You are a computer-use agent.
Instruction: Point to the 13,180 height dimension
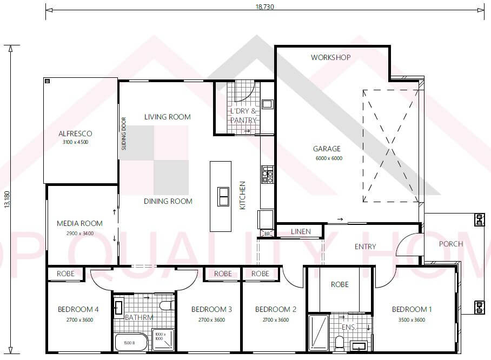(x=7, y=199)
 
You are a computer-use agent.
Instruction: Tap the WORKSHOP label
(x=330, y=57)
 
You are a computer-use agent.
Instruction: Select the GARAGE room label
(x=327, y=149)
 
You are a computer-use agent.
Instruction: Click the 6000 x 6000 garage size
(x=329, y=158)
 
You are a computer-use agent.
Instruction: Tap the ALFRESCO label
(x=75, y=134)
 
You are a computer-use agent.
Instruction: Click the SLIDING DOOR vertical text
(x=124, y=134)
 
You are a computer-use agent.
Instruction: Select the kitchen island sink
(x=223, y=196)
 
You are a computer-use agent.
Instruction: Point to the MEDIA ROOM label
(x=79, y=223)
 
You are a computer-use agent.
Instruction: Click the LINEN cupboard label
(x=301, y=231)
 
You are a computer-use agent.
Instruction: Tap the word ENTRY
(x=365, y=246)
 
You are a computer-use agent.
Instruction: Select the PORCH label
(x=450, y=244)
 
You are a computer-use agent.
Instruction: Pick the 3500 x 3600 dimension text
(x=412, y=319)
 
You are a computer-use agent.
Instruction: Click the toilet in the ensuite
(x=339, y=343)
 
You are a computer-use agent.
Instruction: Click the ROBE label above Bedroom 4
(x=65, y=274)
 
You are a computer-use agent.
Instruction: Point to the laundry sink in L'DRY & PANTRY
(x=267, y=104)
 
